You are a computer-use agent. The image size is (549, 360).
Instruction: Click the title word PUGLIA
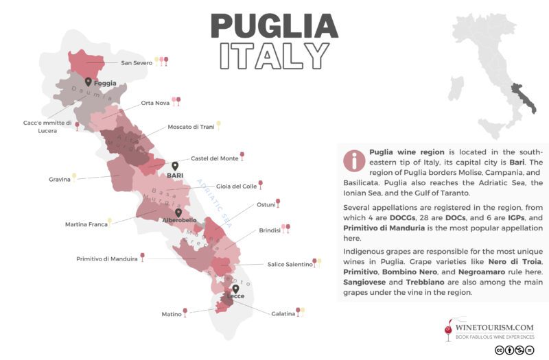point(274,25)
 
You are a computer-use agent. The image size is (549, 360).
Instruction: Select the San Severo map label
point(136,63)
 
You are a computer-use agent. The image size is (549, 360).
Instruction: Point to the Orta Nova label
point(155,103)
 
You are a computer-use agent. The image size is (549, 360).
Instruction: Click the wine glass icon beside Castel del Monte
point(242,156)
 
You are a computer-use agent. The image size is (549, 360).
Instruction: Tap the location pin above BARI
point(175,166)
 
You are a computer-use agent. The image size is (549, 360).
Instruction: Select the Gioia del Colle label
point(236,186)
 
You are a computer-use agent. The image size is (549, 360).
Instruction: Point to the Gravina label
point(59,179)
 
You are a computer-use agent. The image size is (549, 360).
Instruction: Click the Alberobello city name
point(179,220)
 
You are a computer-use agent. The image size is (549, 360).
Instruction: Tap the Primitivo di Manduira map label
point(106,259)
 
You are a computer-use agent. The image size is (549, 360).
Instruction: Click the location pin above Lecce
point(235,290)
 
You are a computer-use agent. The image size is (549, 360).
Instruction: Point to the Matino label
point(171,314)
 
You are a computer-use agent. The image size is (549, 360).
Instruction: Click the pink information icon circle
point(354,160)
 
